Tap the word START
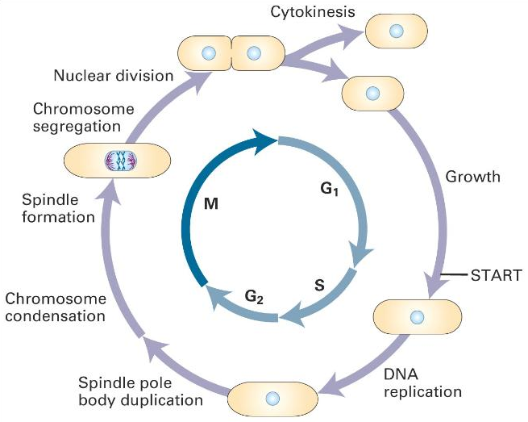coord(497,274)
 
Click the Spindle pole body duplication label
coord(141,391)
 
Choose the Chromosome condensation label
coord(56,307)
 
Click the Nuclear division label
coord(114,76)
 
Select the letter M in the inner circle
coord(211,205)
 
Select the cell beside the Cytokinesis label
coord(395,31)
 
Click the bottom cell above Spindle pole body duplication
coord(272,399)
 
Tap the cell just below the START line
coord(418,315)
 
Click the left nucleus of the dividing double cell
coord(208,53)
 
